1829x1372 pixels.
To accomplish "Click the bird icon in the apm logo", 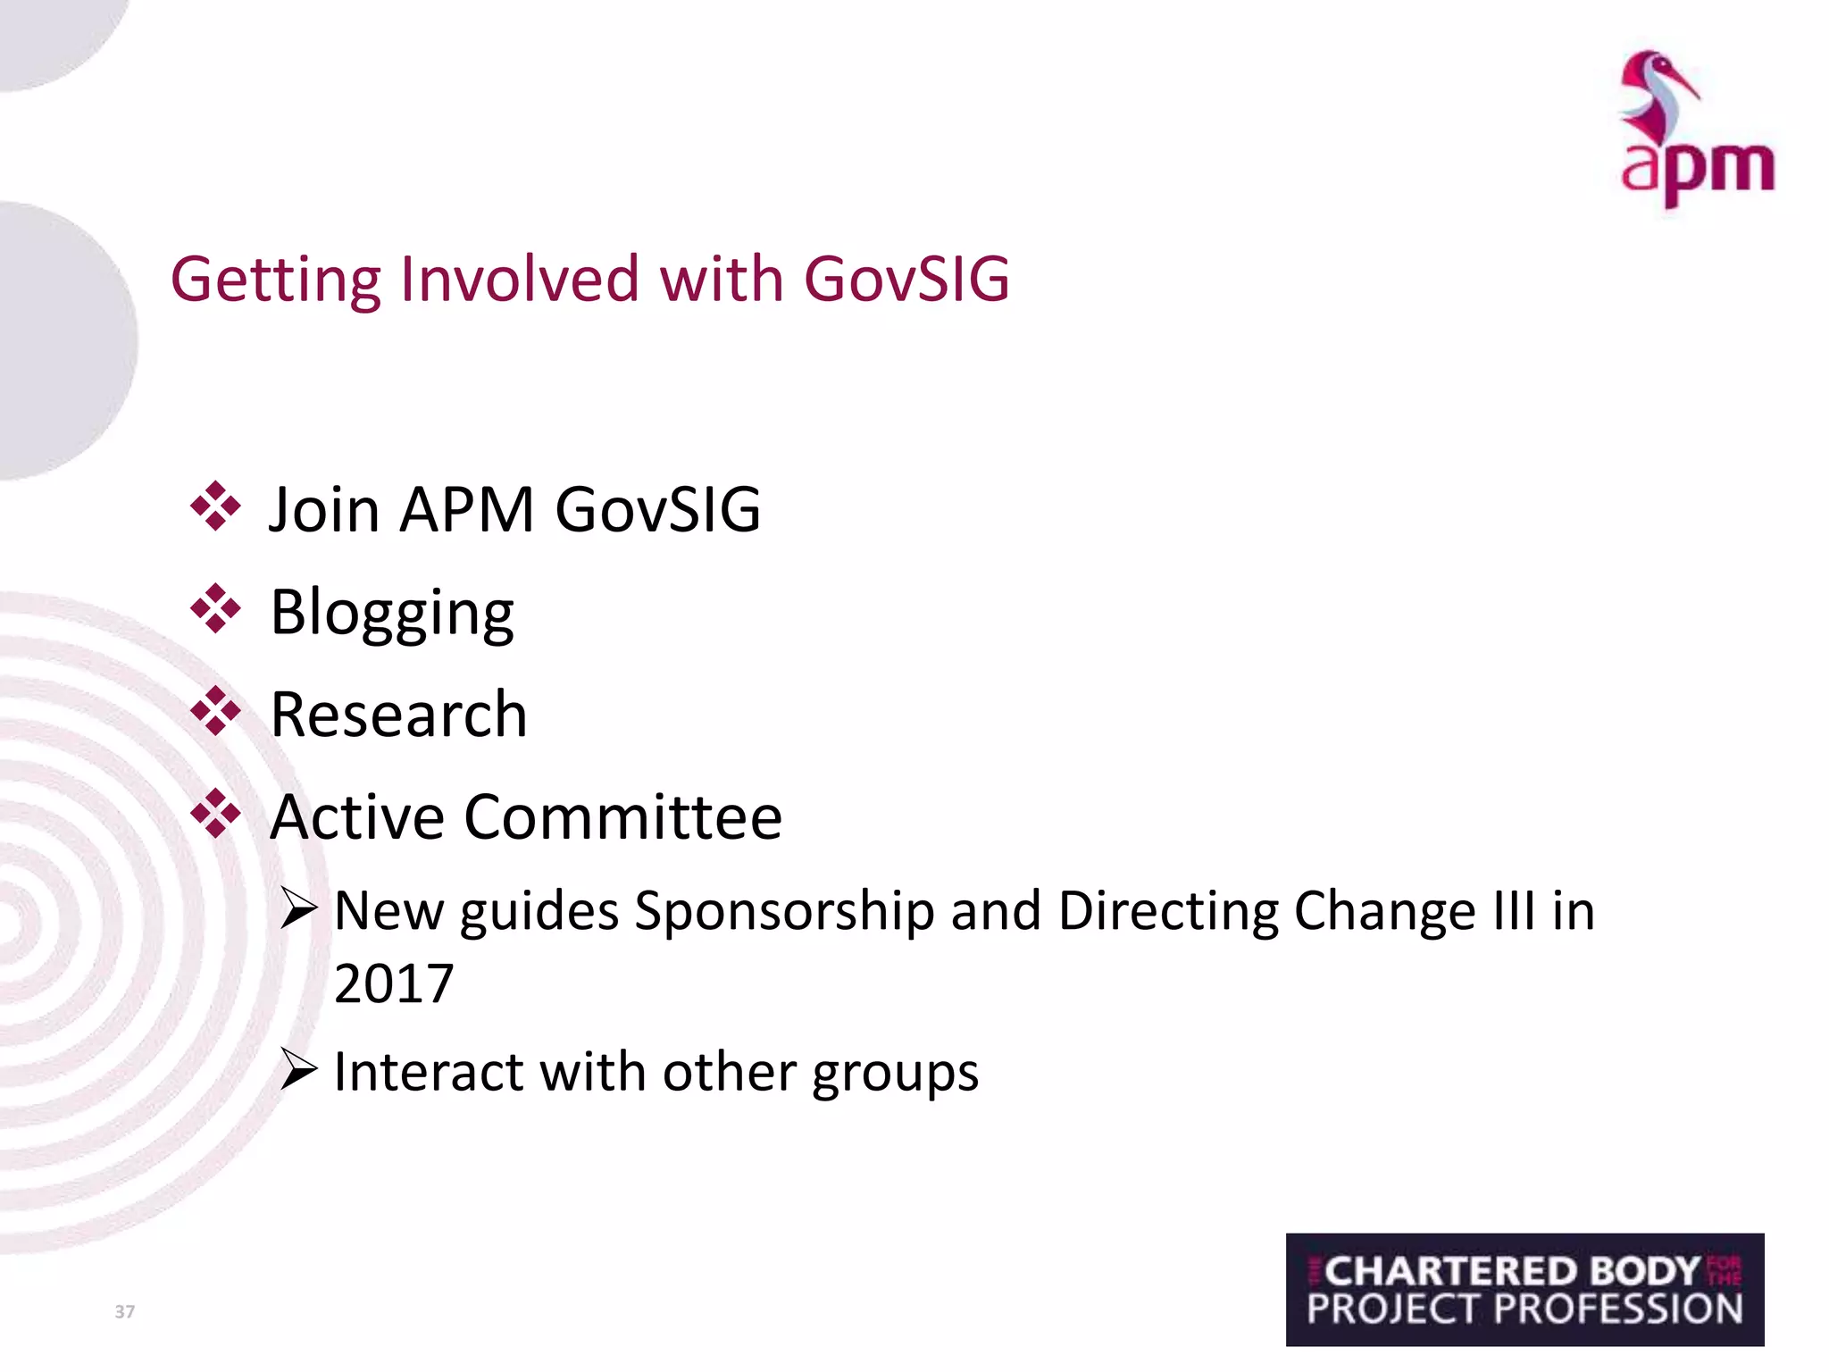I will click(x=1658, y=95).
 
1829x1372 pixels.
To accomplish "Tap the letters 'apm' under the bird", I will click(x=1697, y=170).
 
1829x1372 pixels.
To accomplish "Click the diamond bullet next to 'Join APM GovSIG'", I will click(x=215, y=506).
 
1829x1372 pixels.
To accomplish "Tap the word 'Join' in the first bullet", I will click(x=324, y=510).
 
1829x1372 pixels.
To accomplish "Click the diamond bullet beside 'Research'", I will click(x=215, y=712).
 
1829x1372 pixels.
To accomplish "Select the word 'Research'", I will click(x=398, y=715).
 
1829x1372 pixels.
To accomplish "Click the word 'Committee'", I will click(x=622, y=817).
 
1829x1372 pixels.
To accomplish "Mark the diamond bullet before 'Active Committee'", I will click(x=215, y=814).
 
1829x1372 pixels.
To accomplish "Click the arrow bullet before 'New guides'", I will click(x=298, y=908).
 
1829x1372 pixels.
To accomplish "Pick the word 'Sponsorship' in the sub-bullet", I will click(x=783, y=913).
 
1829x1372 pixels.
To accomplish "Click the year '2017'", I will click(x=394, y=984).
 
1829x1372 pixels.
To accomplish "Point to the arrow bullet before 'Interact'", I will click(x=298, y=1069).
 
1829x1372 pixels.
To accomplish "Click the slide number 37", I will click(x=125, y=1311).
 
